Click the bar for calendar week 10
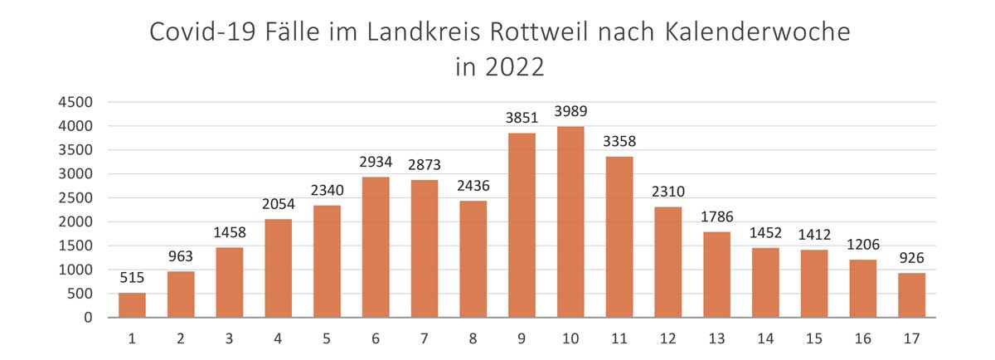570,222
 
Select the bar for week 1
132,305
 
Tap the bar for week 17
911,295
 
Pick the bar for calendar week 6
376,247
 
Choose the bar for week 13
716,275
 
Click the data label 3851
522,118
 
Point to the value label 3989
570,111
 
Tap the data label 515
132,278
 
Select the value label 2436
473,186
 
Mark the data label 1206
862,245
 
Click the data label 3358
619,142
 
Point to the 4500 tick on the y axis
75,102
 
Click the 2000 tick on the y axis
75,221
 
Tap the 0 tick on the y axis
86,318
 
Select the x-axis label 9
522,338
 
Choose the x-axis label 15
813,338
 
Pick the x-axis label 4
279,338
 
